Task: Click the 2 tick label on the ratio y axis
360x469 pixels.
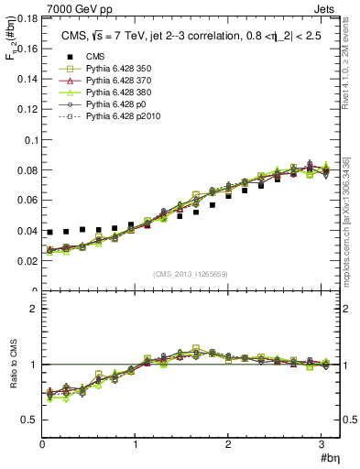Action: [36, 309]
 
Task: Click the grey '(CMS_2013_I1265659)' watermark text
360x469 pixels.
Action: [191, 275]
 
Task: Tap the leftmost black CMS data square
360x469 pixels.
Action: [50, 233]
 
